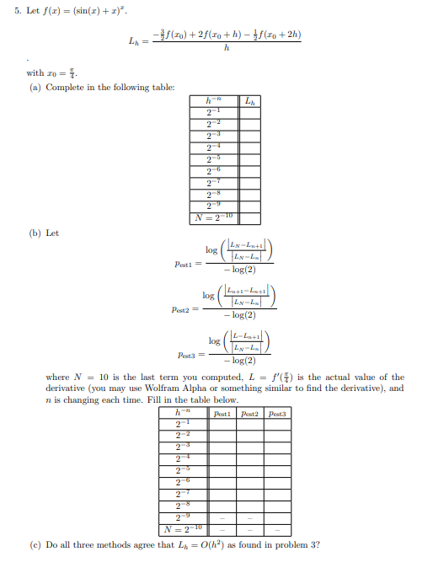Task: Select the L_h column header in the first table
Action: pyautogui.click(x=249, y=104)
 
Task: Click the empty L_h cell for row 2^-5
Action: pyautogui.click(x=249, y=158)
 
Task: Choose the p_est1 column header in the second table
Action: pyautogui.click(x=222, y=414)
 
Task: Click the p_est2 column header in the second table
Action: pyautogui.click(x=249, y=414)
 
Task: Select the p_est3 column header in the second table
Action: pyautogui.click(x=277, y=414)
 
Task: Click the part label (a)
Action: pyautogui.click(x=34, y=88)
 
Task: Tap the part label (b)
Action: pyautogui.click(x=34, y=233)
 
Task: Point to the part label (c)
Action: pyautogui.click(x=34, y=544)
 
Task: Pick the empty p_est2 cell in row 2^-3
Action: pyautogui.click(x=249, y=447)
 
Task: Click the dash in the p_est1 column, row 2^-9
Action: pyautogui.click(x=222, y=517)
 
